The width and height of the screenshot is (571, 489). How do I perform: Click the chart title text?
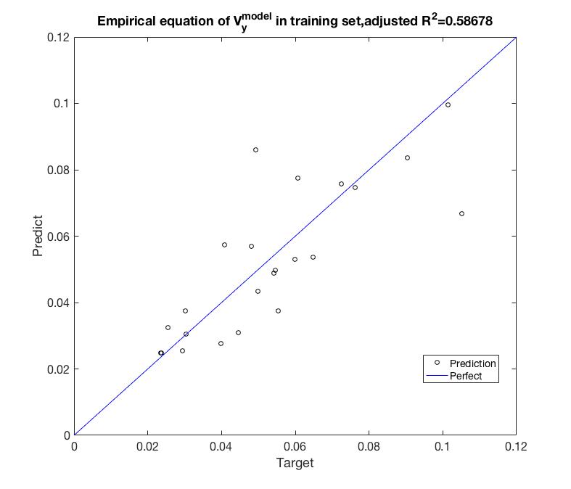295,21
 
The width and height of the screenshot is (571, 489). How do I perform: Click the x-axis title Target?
295,463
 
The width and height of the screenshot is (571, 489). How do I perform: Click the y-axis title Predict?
39,236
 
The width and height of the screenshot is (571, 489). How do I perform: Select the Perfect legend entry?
465,376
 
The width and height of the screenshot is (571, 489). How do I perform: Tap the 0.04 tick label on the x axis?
221,446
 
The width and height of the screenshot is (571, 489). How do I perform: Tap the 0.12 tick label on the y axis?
59,38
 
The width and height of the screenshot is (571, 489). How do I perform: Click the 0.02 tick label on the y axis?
59,369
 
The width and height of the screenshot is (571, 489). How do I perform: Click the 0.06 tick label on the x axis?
295,446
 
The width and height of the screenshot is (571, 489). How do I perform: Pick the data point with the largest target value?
461,213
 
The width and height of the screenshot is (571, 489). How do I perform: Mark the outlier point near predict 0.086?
255,149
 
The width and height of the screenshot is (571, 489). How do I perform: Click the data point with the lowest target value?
161,353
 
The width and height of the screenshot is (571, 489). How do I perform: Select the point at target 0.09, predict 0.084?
407,157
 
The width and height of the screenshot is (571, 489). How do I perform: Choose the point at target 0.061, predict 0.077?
297,178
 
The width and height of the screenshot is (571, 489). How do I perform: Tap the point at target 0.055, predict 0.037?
278,311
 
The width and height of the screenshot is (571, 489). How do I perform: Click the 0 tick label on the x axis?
74,446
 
